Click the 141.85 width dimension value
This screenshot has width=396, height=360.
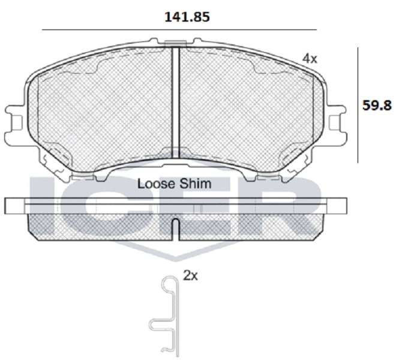(x=187, y=17)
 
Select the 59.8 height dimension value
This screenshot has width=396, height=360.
(x=377, y=106)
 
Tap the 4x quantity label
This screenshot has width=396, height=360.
(x=310, y=59)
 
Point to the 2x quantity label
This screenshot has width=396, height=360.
(x=190, y=276)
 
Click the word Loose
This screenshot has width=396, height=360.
(x=155, y=184)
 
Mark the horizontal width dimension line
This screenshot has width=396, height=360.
(x=179, y=30)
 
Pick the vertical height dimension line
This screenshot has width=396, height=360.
(x=358, y=105)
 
